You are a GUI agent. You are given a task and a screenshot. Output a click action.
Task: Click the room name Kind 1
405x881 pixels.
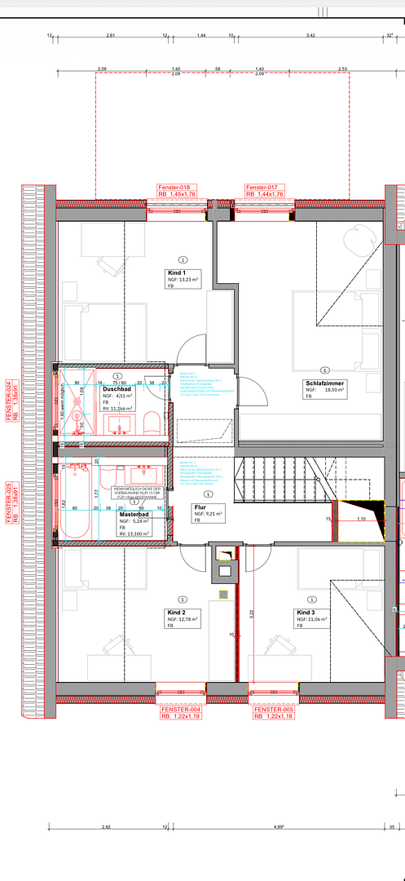(x=177, y=272)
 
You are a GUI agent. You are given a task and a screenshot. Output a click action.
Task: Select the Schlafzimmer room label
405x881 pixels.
(x=325, y=383)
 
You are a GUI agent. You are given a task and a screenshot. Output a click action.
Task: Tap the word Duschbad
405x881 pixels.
(x=117, y=389)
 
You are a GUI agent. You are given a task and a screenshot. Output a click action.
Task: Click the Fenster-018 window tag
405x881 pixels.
(x=174, y=188)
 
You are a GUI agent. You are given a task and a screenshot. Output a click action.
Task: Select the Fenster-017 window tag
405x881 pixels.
(x=262, y=188)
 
